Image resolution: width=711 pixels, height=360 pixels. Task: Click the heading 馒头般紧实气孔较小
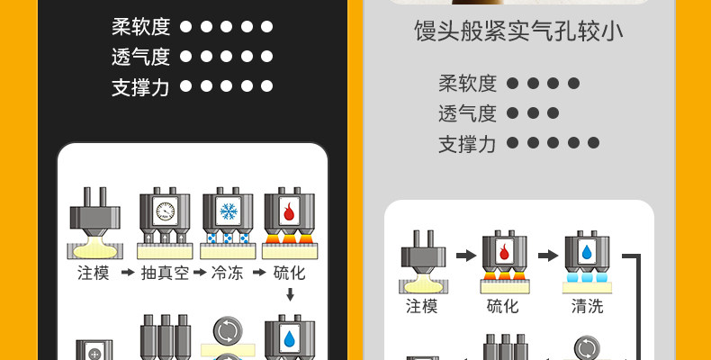[518, 33]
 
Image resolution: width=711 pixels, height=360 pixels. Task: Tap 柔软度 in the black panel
[140, 26]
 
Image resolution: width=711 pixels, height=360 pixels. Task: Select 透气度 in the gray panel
[467, 113]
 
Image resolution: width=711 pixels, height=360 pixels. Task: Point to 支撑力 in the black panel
[140, 86]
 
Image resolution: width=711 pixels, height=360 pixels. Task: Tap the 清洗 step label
[587, 306]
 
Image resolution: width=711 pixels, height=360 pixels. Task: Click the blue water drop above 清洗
[587, 252]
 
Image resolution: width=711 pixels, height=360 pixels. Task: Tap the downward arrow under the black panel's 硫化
[290, 294]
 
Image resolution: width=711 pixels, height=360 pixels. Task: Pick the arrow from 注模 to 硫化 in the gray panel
[465, 256]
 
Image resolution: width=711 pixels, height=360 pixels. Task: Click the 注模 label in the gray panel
[421, 306]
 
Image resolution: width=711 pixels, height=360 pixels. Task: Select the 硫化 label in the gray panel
[502, 306]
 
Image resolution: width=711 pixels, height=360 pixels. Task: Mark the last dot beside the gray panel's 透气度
[553, 113]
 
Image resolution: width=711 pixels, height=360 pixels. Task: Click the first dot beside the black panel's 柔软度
[186, 27]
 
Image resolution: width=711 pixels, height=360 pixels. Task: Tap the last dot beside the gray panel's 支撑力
[593, 142]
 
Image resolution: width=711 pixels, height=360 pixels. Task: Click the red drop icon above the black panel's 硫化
[289, 212]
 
